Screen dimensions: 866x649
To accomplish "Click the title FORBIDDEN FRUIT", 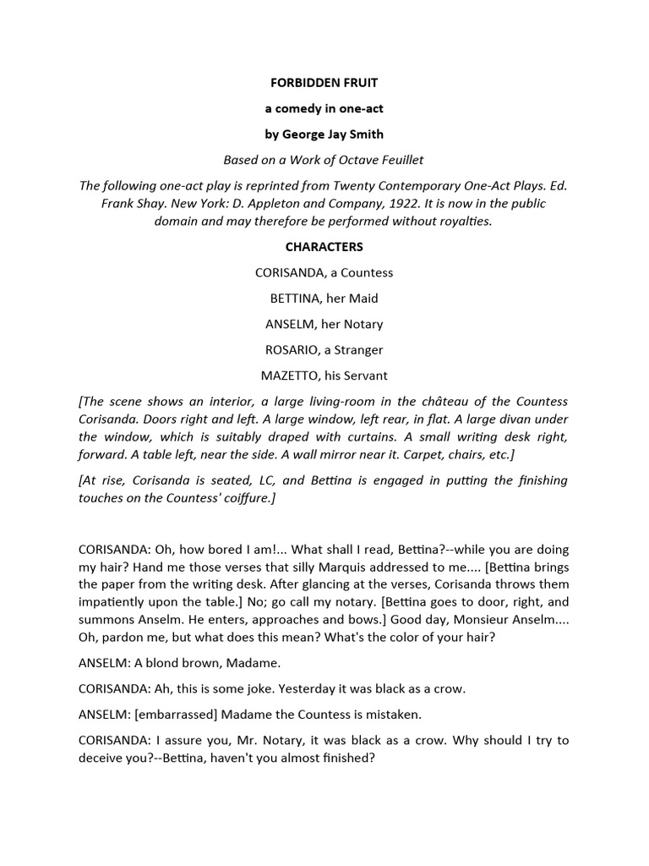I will point(324,85).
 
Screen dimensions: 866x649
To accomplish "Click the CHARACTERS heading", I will point(324,247).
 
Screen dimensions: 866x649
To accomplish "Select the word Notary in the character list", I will point(363,324).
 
